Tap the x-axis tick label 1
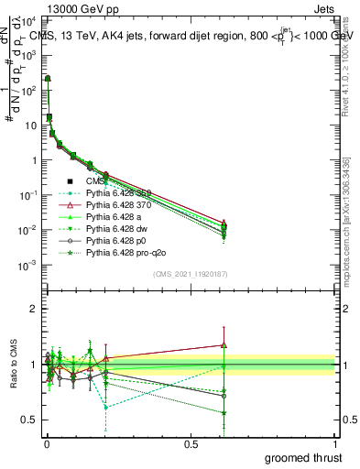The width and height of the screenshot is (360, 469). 335,443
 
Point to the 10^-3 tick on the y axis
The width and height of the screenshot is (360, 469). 31,265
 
